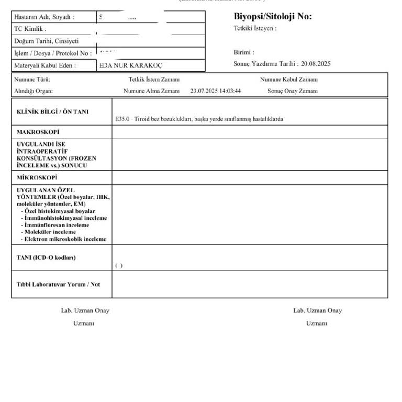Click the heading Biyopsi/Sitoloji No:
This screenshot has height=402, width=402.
click(272, 16)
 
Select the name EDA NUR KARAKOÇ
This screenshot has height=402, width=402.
click(131, 65)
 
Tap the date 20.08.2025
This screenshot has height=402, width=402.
click(316, 64)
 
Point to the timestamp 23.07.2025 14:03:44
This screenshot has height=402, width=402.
click(216, 91)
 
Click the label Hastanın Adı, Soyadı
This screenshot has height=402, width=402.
click(44, 17)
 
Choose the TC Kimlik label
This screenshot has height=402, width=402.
click(31, 29)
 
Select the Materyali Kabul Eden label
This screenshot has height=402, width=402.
click(46, 65)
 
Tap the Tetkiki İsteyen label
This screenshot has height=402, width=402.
click(255, 28)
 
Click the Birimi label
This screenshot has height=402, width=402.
click(244, 52)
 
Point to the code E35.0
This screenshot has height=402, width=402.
click(122, 119)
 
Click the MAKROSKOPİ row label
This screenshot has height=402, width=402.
click(38, 132)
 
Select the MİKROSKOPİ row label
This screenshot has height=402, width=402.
click(37, 177)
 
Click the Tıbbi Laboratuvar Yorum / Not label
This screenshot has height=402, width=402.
click(58, 284)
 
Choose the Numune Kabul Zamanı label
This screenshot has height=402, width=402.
click(288, 80)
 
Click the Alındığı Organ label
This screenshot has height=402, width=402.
click(35, 91)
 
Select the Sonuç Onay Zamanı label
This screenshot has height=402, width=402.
click(293, 91)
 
